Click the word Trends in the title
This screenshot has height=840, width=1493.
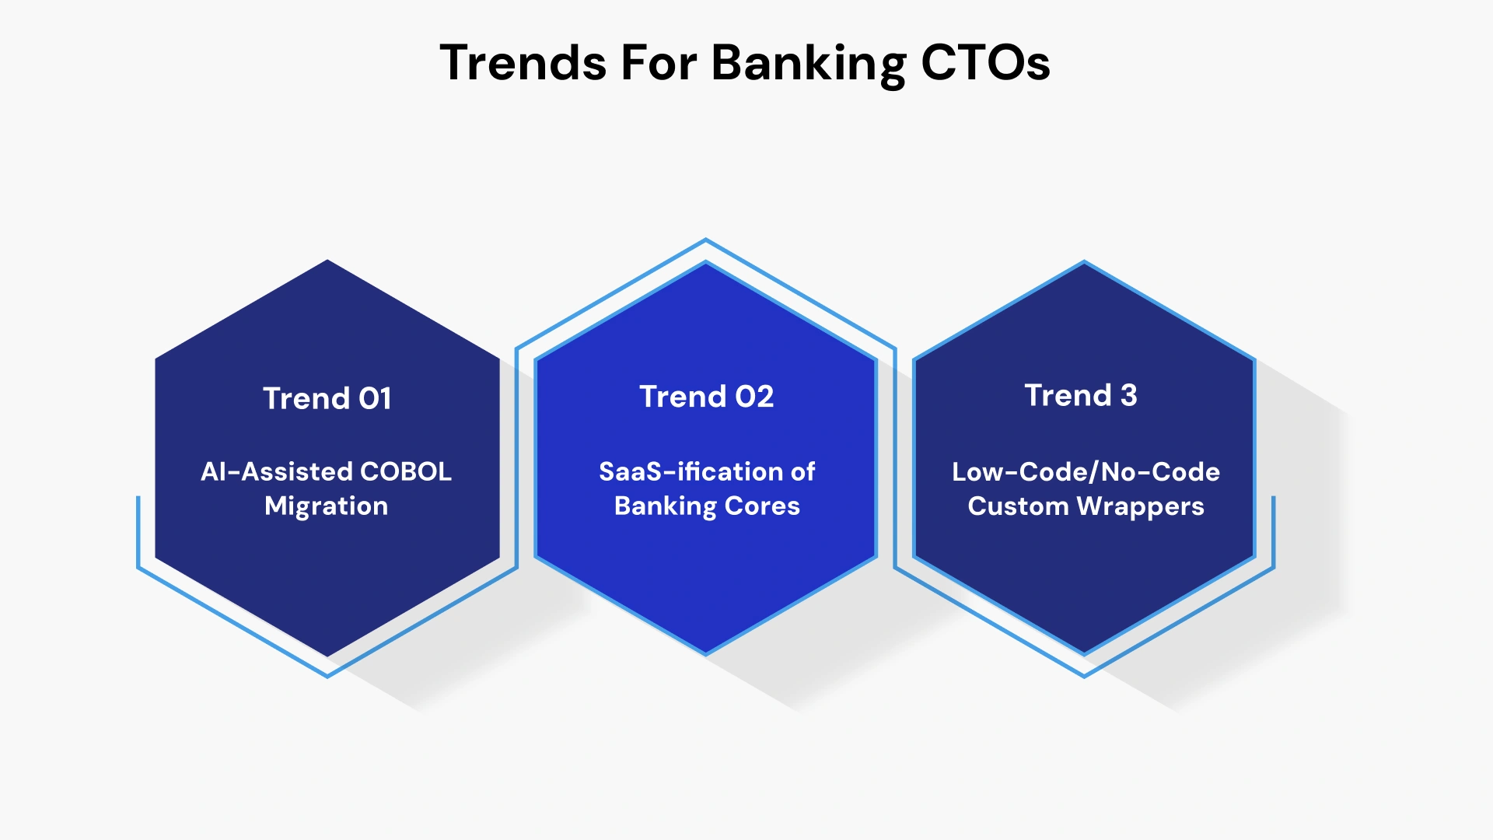[523, 62]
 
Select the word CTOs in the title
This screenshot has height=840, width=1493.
[985, 62]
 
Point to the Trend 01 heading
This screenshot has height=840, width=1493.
[327, 398]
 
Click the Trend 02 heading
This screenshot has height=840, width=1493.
[706, 397]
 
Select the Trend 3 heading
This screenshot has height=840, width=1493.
[1080, 395]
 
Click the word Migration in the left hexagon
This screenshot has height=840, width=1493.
[326, 506]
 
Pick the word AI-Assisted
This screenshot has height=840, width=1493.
[277, 471]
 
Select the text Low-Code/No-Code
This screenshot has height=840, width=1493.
[1086, 471]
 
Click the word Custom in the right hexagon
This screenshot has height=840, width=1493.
[1018, 506]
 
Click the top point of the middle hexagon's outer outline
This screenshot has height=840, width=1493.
[706, 240]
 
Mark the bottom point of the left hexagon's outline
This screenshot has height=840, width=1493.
[327, 676]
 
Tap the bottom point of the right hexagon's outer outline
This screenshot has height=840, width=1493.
[1084, 676]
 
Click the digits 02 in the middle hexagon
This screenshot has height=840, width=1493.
[754, 397]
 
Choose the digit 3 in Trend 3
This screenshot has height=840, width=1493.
[1128, 395]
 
